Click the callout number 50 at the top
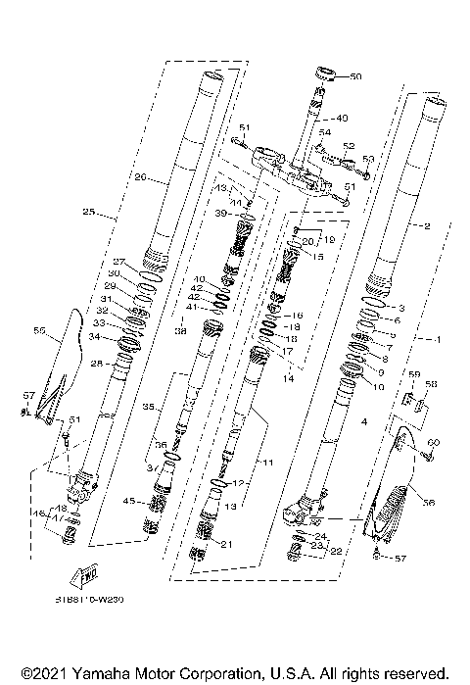point(354,75)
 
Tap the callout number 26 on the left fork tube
point(140,178)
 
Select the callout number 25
point(88,212)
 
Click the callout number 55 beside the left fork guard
point(40,332)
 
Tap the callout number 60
point(434,442)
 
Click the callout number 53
point(368,158)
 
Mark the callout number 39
point(222,213)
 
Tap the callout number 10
point(378,385)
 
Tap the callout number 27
point(117,262)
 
